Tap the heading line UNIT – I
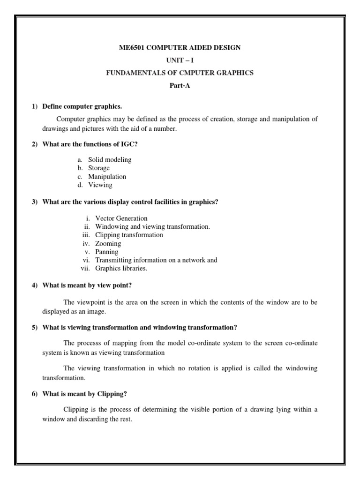coord(180,60)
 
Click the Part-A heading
coord(180,86)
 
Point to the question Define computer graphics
coord(82,106)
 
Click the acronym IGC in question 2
coord(127,144)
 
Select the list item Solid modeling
coord(110,160)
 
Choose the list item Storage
coord(99,168)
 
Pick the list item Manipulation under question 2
coord(107,177)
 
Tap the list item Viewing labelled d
coord(100,185)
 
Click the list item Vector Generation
coord(121,218)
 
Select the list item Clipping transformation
coord(129,235)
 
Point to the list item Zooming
coord(108,244)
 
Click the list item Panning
coord(106,252)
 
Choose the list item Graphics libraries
coord(121,269)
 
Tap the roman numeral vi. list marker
coord(86,261)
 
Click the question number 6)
coord(35,394)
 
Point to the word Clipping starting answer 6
coord(75,410)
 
